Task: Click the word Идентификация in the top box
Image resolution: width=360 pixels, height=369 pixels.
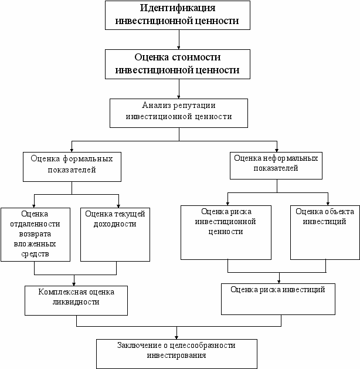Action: [178, 8]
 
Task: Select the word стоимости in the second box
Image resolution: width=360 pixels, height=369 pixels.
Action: [196, 57]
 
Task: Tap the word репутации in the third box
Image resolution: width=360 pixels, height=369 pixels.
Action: [194, 106]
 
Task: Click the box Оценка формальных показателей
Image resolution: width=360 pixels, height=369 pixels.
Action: [72, 167]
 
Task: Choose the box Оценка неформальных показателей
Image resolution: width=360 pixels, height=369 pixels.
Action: [276, 165]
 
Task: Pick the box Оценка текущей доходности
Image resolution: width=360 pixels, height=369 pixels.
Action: [116, 235]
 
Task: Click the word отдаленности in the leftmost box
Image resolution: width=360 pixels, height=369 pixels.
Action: [35, 224]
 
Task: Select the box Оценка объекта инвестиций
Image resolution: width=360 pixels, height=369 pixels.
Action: [325, 232]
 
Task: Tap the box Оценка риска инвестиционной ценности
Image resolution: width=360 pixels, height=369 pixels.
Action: [226, 232]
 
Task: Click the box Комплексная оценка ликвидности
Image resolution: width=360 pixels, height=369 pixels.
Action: [76, 300]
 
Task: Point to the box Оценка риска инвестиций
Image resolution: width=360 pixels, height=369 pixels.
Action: [278, 299]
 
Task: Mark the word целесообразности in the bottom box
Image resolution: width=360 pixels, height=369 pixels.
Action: [202, 346]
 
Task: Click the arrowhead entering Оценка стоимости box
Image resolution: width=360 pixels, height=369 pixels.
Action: [179, 48]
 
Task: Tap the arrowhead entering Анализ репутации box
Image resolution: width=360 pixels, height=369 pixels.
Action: [179, 97]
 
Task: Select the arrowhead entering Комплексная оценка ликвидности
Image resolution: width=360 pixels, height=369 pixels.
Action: [74, 284]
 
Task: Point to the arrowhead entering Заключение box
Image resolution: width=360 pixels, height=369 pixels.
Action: [176, 338]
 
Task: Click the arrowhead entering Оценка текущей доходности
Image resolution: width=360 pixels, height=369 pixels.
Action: [118, 206]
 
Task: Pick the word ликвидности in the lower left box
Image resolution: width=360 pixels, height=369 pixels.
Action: [76, 302]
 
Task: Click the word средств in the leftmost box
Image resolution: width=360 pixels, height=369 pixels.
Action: [35, 254]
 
